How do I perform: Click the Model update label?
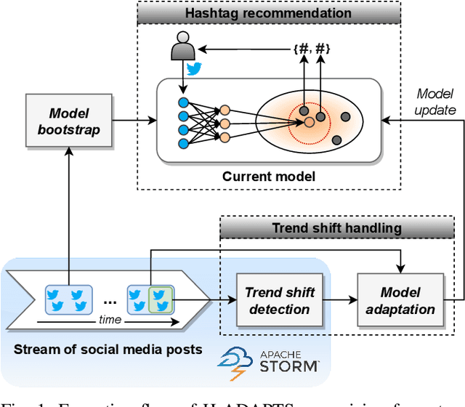coord(437,102)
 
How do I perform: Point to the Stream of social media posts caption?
coord(108,350)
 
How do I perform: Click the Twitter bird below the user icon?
coord(193,70)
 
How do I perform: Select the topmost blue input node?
coord(183,102)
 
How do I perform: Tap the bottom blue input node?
coord(183,143)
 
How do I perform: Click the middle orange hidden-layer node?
coord(225,123)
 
